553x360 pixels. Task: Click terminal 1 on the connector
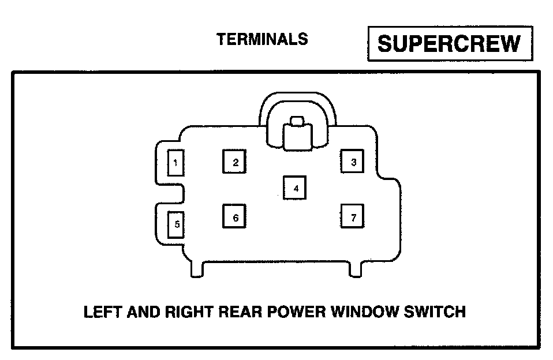tap(175, 163)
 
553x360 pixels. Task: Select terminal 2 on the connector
tap(235, 162)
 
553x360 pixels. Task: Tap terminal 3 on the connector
tap(353, 162)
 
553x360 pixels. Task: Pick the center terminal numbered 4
tap(295, 188)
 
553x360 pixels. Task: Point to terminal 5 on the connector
tap(175, 225)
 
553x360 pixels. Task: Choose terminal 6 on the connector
tap(235, 217)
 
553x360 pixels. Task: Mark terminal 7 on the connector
tap(353, 217)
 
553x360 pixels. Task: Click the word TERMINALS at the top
tap(262, 39)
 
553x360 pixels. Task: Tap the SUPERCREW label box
tap(449, 43)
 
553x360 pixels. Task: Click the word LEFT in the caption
tap(102, 312)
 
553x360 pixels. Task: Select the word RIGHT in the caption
tap(185, 312)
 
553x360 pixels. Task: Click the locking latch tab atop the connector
tap(297, 137)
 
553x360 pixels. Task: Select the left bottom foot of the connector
tap(197, 268)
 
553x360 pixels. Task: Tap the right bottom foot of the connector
tap(356, 268)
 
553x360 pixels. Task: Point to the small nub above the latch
tap(297, 121)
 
